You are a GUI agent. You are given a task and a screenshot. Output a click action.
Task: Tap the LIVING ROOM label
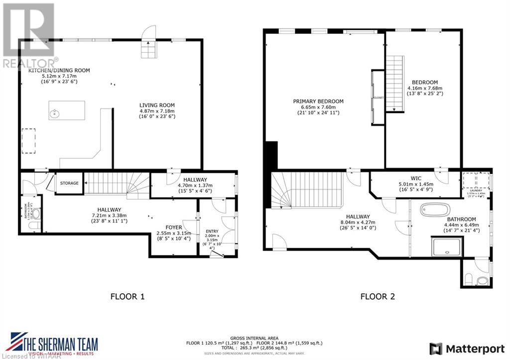157,105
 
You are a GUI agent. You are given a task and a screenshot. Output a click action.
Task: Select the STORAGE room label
69,183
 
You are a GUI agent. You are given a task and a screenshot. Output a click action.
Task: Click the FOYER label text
173,228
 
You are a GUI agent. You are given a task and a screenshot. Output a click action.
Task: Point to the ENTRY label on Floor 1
212,231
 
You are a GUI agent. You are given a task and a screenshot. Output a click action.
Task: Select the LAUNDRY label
475,190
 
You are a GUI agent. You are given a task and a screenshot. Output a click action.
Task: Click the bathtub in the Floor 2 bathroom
435,209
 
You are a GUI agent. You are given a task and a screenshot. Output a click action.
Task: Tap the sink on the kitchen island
55,114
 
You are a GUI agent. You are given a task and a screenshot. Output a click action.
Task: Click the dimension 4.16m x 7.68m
425,89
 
